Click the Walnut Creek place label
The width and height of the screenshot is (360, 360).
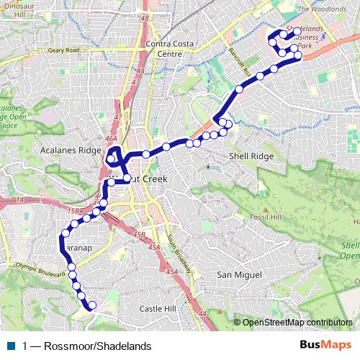tap(137, 178)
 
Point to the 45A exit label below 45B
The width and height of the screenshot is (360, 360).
tap(153, 247)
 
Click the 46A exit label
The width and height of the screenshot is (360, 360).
tap(110, 138)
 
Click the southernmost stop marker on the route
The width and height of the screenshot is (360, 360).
tap(91, 306)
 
